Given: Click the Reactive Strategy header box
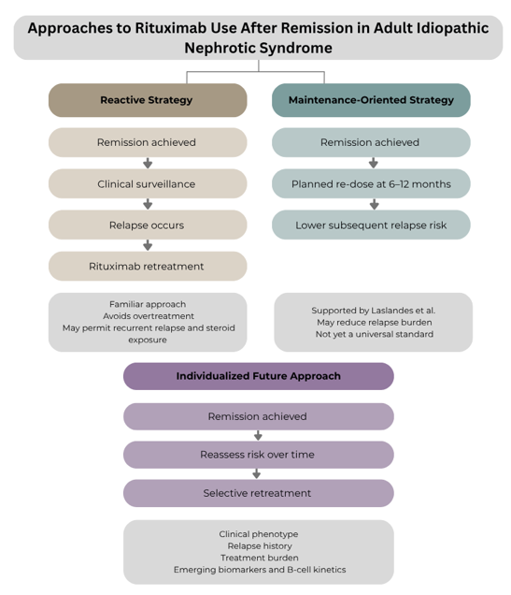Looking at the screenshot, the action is pyautogui.click(x=148, y=100).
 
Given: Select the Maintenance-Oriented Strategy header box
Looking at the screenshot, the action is pyautogui.click(x=371, y=100).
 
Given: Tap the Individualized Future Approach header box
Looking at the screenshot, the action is pyautogui.click(x=259, y=376).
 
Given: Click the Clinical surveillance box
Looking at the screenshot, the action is pyautogui.click(x=148, y=183).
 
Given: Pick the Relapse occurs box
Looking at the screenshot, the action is pyautogui.click(x=148, y=225).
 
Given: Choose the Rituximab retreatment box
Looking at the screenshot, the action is pyautogui.click(x=148, y=266).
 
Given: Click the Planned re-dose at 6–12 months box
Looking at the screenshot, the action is pyautogui.click(x=371, y=183).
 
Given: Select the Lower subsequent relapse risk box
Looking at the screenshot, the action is pyautogui.click(x=371, y=225).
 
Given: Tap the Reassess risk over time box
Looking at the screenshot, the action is pyautogui.click(x=259, y=455).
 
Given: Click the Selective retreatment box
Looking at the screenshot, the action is pyautogui.click(x=259, y=493).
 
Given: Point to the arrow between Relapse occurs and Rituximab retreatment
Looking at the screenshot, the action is pyautogui.click(x=148, y=245).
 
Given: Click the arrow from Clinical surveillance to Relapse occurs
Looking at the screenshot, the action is pyautogui.click(x=148, y=204).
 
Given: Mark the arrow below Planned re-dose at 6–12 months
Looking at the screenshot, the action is pyautogui.click(x=375, y=204).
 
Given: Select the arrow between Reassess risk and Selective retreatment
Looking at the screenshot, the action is pyautogui.click(x=257, y=473).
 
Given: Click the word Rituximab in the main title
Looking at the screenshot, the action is pyautogui.click(x=171, y=28).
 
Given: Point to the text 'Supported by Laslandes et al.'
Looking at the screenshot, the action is pyautogui.click(x=374, y=311).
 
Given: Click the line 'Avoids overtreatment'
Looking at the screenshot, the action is pyautogui.click(x=149, y=316).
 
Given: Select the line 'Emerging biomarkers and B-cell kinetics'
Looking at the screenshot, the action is pyautogui.click(x=260, y=570).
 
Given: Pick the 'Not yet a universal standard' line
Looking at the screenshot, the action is pyautogui.click(x=375, y=334).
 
